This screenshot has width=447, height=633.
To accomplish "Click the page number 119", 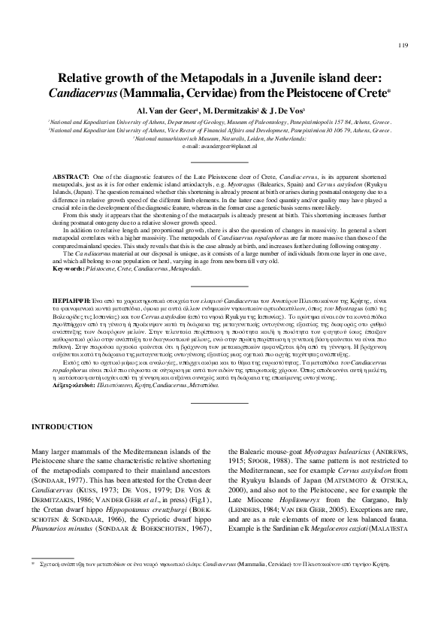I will (x=403, y=46).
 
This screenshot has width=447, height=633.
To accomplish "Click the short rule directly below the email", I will (x=223, y=162).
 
